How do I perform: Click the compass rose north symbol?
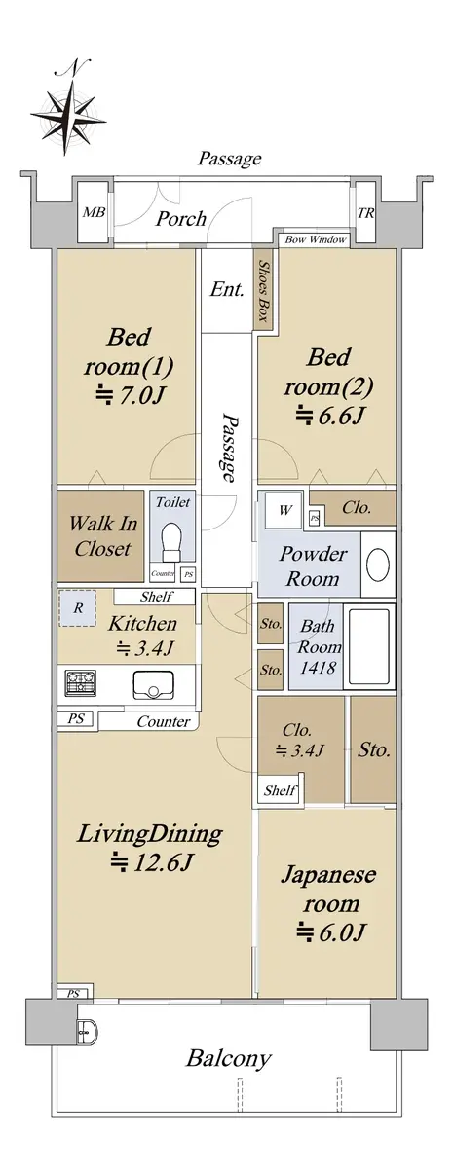68,107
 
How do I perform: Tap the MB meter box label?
95,212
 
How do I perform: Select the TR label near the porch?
365,213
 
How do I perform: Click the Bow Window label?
316,239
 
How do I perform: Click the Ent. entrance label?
227,289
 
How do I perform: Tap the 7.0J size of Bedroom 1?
131,396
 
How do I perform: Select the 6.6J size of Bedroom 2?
328,415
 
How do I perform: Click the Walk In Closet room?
100,535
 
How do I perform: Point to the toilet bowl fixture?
171,541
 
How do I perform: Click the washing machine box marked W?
284,509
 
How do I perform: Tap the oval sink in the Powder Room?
377,565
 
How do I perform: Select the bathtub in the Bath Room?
368,646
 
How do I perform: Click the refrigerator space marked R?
77,608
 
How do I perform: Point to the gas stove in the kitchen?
81,683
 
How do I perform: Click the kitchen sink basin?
153,685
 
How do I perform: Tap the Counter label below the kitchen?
164,721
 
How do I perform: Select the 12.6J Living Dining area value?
152,861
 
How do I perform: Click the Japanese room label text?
328,889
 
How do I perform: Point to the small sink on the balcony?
86,1030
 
